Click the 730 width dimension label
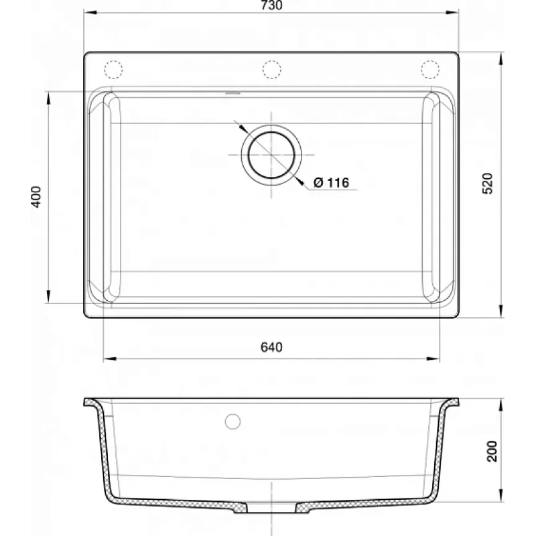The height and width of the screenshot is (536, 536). click(271, 5)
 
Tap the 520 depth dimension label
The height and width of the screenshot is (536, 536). click(488, 184)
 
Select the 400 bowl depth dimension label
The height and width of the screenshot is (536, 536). click(36, 196)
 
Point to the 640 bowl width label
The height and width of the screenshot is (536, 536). click(271, 347)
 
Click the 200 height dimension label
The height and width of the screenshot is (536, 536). click(492, 451)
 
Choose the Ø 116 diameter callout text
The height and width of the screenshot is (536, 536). click(331, 182)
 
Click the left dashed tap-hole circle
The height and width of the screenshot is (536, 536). click(113, 70)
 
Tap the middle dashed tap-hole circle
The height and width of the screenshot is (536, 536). click(272, 70)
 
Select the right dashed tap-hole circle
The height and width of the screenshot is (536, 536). click(430, 70)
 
